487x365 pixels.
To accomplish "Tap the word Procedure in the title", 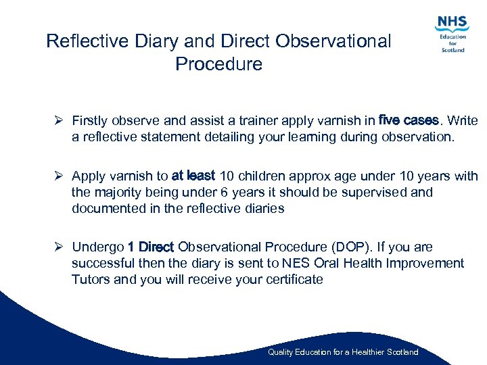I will point(218,64).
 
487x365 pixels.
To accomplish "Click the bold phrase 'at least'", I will point(193,176).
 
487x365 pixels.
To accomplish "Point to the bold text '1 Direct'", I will point(151,247).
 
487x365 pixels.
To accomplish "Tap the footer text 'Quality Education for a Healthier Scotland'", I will point(343,352).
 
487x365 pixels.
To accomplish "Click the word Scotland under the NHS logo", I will point(453,49).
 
